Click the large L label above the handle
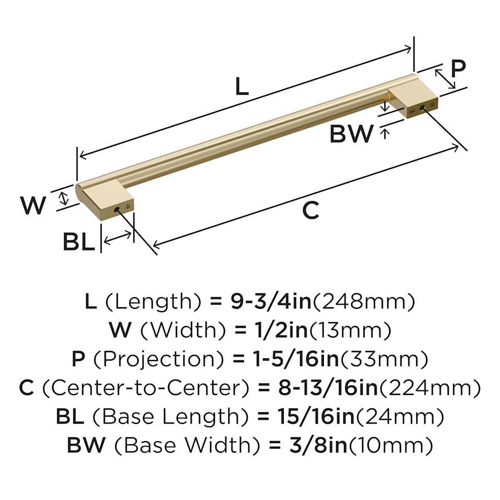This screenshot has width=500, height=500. click(242, 86)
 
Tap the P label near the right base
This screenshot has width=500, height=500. click(458, 68)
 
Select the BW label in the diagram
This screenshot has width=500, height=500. click(351, 133)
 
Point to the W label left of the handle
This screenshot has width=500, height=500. click(33, 205)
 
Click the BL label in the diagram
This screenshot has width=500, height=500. click(79, 242)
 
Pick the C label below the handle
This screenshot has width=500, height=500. click(310, 210)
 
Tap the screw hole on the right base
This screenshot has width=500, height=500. click(423, 108)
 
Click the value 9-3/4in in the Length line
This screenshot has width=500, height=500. click(271, 301)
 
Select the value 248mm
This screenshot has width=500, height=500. click(364, 302)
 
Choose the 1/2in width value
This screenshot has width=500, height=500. click(281, 330)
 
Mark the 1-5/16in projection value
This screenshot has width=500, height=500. click(296, 359)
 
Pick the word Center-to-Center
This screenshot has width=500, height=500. click(145, 388)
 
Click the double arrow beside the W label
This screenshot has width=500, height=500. click(64, 198)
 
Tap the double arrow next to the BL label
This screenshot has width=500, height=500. click(118, 238)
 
